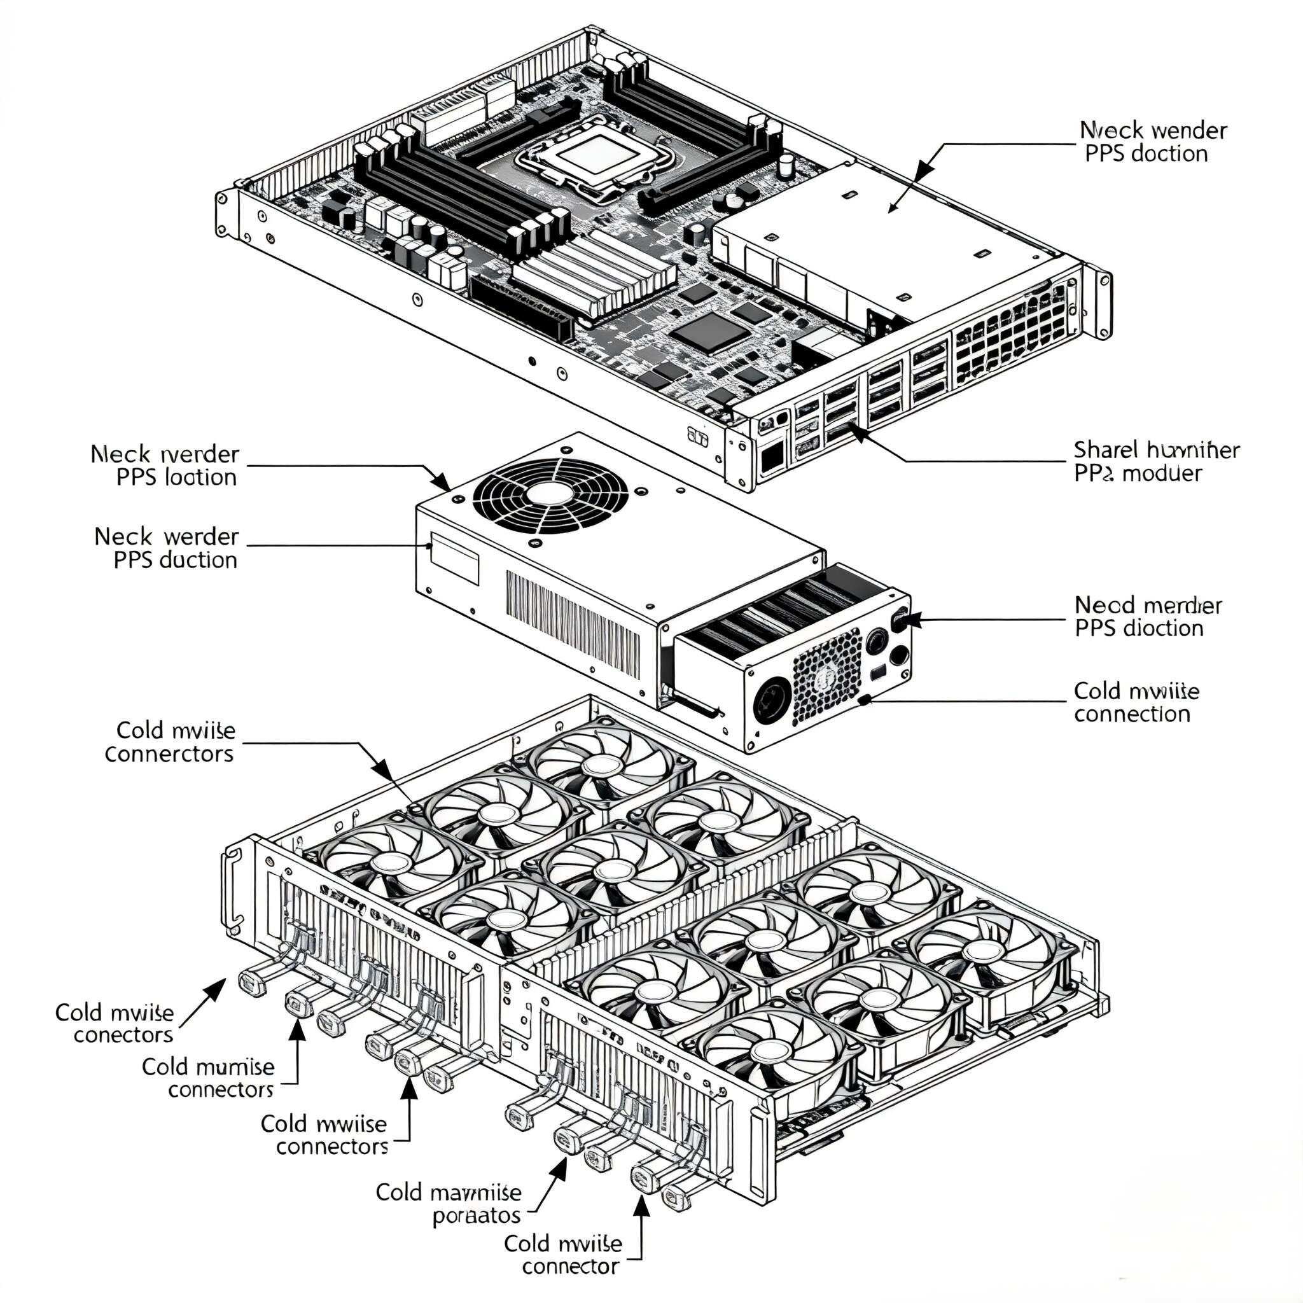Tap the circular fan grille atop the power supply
(x=550, y=496)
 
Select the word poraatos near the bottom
(x=476, y=1215)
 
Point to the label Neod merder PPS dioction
(x=1147, y=617)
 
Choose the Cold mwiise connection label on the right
(x=1136, y=702)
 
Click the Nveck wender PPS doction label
(x=1153, y=142)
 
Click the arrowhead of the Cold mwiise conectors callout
(x=217, y=988)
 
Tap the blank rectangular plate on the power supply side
(x=454, y=558)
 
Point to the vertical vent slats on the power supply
(x=573, y=624)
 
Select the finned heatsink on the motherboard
(x=594, y=273)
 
